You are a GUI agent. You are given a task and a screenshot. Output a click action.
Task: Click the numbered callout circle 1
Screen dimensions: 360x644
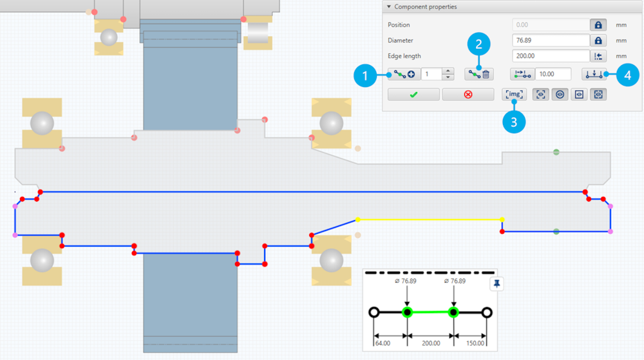click(x=366, y=76)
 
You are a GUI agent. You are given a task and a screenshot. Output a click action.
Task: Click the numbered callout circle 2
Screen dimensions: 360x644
click(x=478, y=44)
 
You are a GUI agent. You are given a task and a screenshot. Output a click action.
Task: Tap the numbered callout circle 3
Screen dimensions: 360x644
click(x=514, y=122)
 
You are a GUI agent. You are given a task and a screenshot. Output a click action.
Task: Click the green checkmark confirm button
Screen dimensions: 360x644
click(x=413, y=95)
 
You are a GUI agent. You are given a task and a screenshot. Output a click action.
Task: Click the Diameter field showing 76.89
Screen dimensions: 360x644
click(x=551, y=40)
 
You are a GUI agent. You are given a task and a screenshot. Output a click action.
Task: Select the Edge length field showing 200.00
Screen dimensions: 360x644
click(x=551, y=56)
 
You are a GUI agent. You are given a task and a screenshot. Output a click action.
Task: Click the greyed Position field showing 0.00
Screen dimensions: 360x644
click(x=551, y=24)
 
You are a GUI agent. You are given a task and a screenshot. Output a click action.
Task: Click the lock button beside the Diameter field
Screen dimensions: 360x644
click(x=598, y=40)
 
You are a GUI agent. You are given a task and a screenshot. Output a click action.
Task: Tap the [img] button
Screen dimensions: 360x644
click(x=515, y=95)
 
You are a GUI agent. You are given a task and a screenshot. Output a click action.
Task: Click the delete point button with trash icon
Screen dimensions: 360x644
click(x=480, y=74)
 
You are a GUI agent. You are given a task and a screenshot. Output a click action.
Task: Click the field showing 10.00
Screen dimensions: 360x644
click(x=553, y=74)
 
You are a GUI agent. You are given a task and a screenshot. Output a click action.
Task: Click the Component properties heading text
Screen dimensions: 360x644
click(x=426, y=7)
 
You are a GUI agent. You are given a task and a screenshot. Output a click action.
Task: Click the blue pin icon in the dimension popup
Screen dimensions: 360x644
click(x=497, y=284)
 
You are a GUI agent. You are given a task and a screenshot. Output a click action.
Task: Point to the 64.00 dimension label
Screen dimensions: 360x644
click(x=383, y=343)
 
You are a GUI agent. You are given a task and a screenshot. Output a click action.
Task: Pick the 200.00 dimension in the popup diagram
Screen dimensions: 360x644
click(x=431, y=343)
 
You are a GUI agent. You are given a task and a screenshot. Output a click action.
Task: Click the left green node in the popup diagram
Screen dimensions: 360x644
click(x=407, y=312)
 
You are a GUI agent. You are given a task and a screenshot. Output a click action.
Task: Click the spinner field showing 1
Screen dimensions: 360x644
click(x=431, y=74)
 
